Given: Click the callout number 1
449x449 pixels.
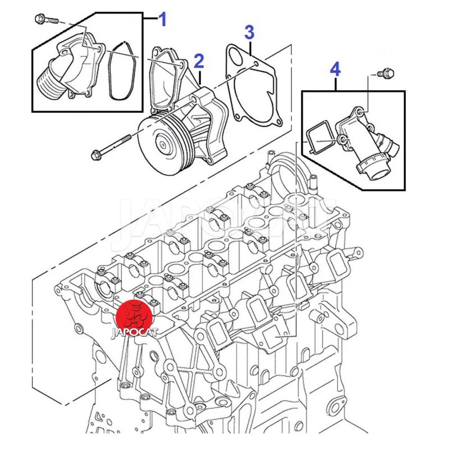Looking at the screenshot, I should pos(163,21).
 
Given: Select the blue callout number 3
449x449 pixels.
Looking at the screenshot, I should pos(250,33).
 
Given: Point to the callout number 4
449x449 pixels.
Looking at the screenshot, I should pos(335,70).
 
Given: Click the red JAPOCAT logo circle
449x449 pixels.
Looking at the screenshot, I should pos(134,317).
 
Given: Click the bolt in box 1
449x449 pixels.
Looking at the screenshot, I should pos(45,19).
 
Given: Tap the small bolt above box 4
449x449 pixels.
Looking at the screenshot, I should pos(385,73).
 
